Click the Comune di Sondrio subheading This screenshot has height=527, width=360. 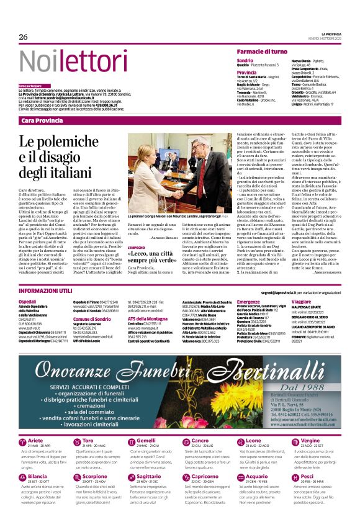click(x=92, y=318)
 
